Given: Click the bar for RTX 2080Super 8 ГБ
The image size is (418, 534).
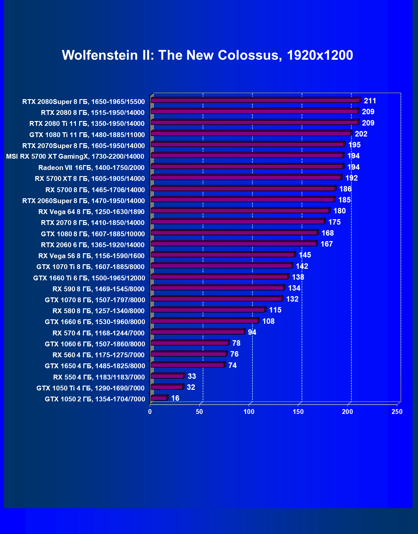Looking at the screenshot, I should tap(255, 100).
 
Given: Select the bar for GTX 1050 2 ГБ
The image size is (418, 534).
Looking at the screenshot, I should tap(159, 398).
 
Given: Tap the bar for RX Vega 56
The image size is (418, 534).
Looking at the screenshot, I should tap(223, 255).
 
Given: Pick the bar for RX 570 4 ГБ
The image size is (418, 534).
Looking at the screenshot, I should tap(197, 332).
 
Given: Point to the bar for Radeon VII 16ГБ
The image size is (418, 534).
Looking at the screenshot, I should tap(247, 166).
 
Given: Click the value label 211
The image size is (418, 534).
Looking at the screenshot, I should tap(370, 101).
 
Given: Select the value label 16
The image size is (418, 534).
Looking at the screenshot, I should tap(175, 398).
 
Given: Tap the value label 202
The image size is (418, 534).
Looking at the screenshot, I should tap(361, 134).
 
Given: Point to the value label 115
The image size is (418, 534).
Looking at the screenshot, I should tap(275, 310).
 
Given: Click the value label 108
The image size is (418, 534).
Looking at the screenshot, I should tap(269, 321).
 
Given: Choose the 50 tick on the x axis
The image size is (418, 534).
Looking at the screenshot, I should tap(200, 412).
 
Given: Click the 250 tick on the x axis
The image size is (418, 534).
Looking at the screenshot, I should tap(397, 412).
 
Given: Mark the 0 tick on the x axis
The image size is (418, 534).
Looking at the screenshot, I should tap(150, 412).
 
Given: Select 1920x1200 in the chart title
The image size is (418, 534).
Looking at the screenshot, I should tap(320, 55).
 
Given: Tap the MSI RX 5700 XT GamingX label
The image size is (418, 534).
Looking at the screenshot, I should tap(75, 156).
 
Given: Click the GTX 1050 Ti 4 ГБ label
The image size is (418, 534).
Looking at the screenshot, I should tap(90, 388).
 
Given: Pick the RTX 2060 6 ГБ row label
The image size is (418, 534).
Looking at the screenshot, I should tap(93, 245).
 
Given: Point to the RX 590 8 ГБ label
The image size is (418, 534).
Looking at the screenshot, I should tap(99, 289).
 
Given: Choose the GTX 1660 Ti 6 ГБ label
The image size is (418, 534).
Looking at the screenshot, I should tap(89, 278).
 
